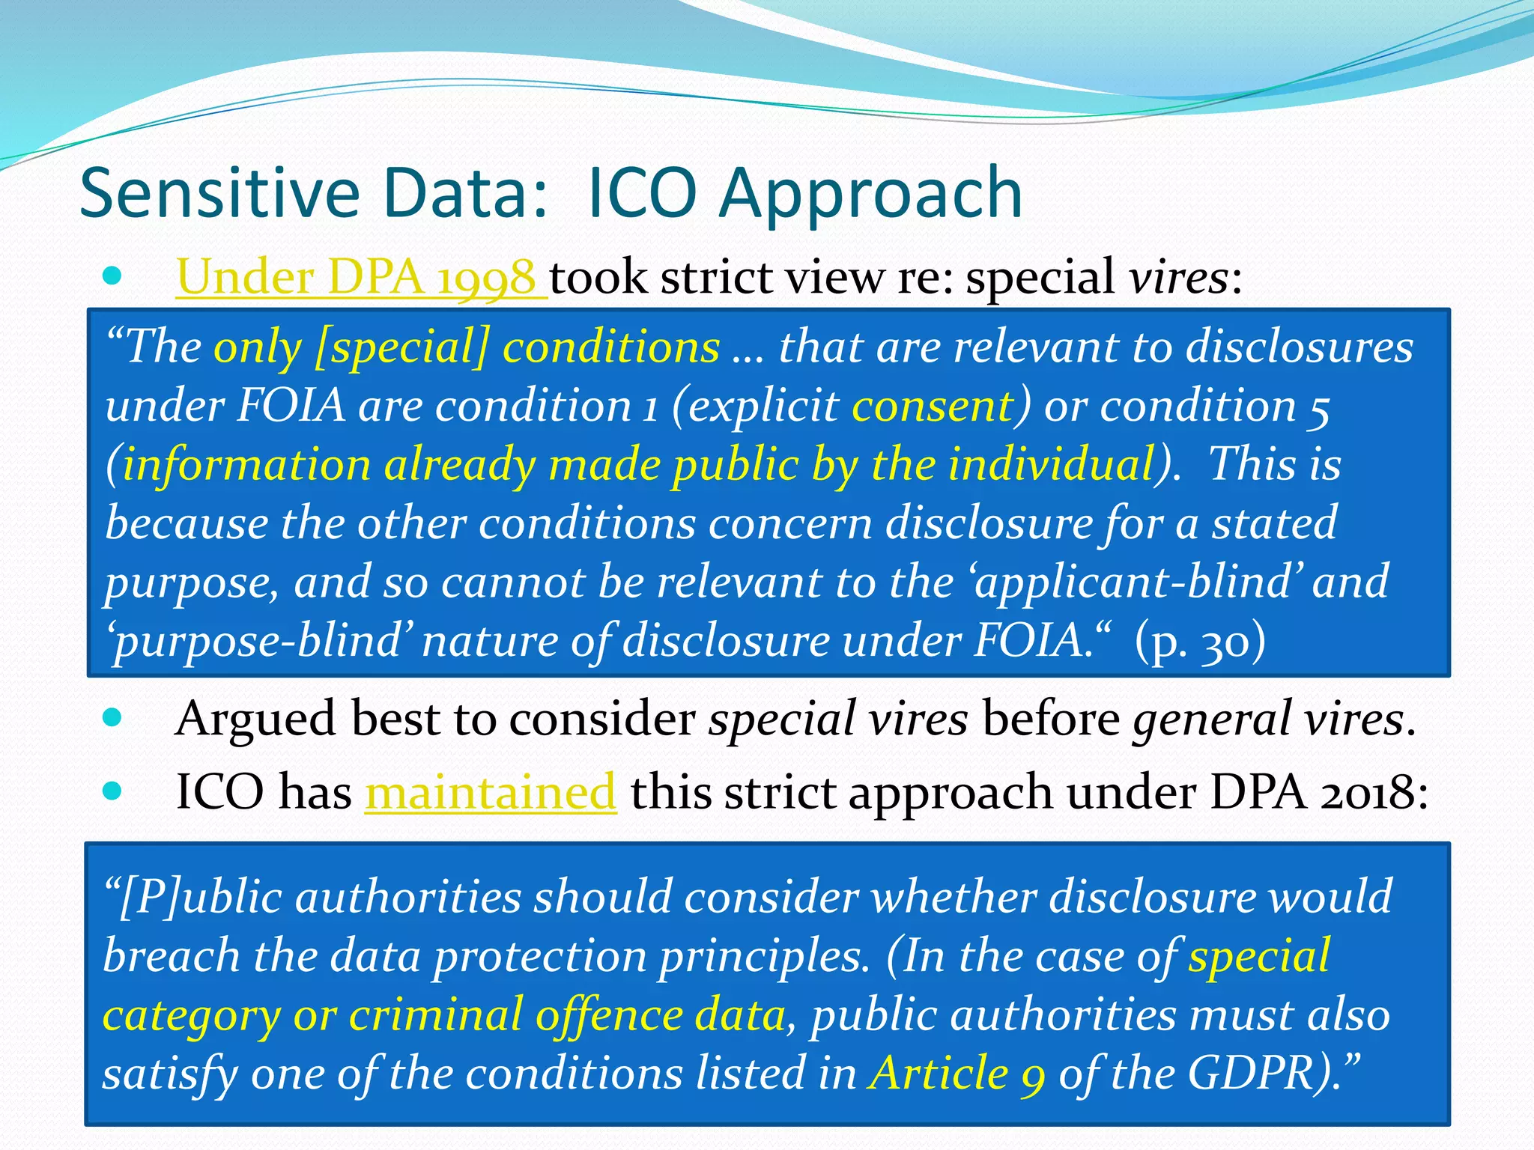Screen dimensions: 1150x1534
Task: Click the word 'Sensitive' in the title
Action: [219, 193]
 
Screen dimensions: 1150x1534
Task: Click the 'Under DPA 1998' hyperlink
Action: [357, 278]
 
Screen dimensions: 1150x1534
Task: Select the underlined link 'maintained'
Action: [491, 792]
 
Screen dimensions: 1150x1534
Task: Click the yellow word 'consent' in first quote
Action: [933, 406]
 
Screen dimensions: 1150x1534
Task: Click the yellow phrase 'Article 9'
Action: [957, 1073]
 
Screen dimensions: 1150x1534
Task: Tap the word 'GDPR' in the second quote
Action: [1250, 1073]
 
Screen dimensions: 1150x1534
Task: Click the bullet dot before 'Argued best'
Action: [112, 718]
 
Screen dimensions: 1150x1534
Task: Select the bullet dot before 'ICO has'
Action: [112, 791]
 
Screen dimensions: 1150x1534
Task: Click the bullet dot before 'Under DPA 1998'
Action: [112, 276]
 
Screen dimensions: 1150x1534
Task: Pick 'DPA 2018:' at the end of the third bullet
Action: [1319, 792]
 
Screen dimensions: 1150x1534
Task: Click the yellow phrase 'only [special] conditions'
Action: [466, 347]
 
